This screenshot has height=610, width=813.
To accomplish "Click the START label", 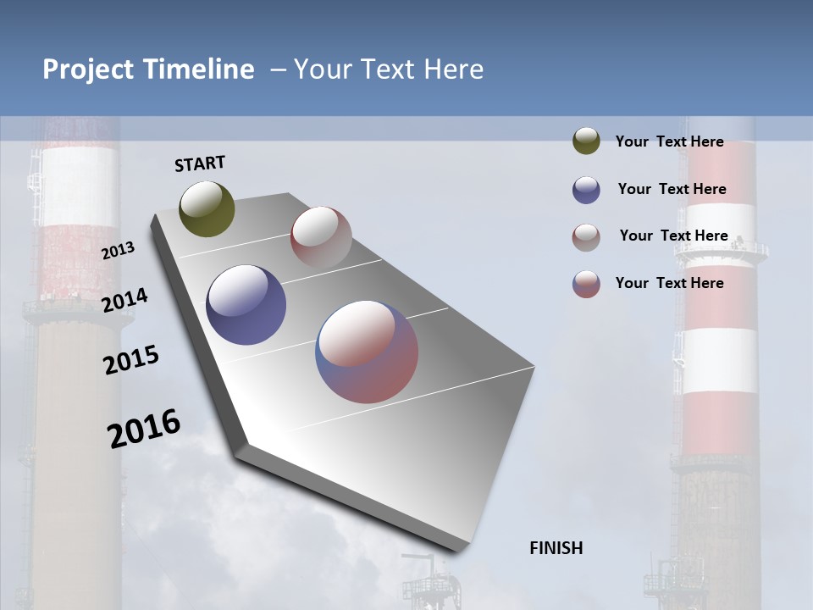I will (200, 164).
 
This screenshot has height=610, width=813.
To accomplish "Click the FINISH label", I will (556, 548).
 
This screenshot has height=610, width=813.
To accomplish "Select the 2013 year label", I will (118, 250).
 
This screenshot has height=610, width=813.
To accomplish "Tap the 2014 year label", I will (124, 300).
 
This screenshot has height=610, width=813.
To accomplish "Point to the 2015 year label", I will (131, 360).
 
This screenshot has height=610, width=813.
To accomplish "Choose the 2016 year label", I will (144, 428).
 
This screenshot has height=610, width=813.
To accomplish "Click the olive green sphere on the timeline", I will (207, 208).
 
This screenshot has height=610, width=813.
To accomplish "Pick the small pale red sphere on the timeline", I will (321, 237).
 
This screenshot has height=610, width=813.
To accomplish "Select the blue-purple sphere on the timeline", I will (246, 305).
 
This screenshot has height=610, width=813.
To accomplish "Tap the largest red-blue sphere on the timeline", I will (367, 352).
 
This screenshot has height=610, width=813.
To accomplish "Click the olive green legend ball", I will (586, 141).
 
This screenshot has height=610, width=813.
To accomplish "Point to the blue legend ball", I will (586, 190).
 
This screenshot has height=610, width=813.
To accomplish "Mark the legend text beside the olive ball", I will (669, 141).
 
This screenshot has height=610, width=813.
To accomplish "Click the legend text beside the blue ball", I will (672, 189).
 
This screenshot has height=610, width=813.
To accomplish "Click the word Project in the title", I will (89, 69).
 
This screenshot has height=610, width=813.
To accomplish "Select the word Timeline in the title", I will (198, 69).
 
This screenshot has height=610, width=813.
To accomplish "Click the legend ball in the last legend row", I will (586, 284).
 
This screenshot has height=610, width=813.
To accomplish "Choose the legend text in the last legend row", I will (669, 283).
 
